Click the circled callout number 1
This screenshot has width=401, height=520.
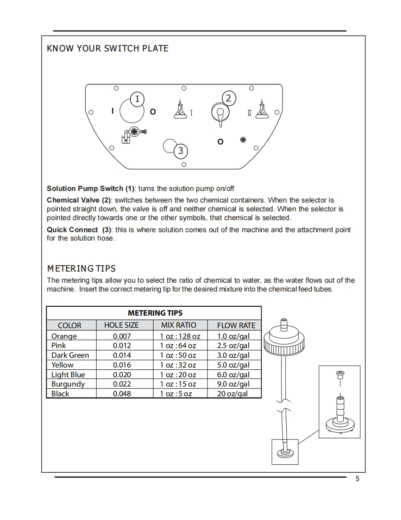point(137,98)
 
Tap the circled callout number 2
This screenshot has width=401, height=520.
point(228,98)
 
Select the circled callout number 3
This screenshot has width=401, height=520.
point(181,150)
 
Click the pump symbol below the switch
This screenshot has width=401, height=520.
point(133,133)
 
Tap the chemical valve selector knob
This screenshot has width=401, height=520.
point(220,113)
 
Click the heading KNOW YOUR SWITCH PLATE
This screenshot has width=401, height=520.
point(108,48)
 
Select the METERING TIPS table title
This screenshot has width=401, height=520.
point(155,313)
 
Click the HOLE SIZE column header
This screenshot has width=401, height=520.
point(121,325)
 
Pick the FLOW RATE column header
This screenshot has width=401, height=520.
point(236,325)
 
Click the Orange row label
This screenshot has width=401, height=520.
point(64,336)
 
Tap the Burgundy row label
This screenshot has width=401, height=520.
point(68,384)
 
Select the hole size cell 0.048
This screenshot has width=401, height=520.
point(122,393)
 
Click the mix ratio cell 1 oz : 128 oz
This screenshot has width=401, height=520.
point(180,336)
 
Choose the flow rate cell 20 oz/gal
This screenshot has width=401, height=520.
point(232,393)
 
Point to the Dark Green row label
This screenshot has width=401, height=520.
point(70,355)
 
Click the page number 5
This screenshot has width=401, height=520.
point(357,479)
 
